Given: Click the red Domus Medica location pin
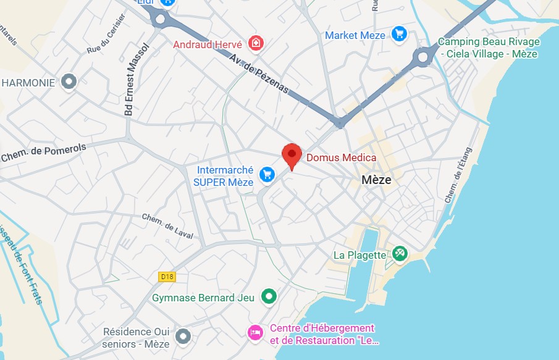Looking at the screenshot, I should click(292, 154).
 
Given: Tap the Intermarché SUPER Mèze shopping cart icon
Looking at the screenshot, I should click(267, 174).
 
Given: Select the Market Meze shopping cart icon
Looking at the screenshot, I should click(399, 35).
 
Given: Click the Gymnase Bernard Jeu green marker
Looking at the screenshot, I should click(268, 297).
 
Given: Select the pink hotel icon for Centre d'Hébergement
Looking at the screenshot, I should click(254, 333).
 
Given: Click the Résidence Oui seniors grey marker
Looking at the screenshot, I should click(182, 337).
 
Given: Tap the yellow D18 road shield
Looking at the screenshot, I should click(167, 277).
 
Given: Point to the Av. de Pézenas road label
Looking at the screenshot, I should click(259, 73).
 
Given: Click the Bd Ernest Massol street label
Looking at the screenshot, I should click(137, 79).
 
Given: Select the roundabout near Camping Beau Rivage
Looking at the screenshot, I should click(423, 58).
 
